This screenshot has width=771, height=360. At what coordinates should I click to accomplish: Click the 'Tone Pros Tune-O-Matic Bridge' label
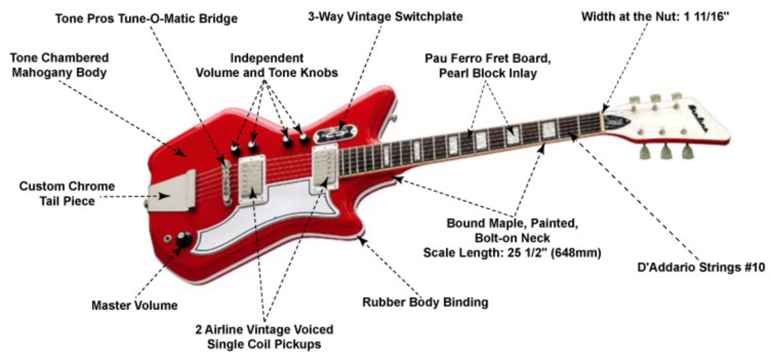146,19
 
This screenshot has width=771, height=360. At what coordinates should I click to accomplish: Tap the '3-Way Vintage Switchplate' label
385,16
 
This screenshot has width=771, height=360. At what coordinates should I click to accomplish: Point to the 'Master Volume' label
134,306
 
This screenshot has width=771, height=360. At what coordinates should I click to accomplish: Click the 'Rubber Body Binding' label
425,302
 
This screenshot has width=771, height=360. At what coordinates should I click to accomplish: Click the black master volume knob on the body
185,239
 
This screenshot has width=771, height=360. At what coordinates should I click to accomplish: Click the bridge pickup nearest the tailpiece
252,180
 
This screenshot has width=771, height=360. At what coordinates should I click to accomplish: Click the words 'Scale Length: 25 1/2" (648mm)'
512,253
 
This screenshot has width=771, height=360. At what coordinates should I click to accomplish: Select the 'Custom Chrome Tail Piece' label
67,193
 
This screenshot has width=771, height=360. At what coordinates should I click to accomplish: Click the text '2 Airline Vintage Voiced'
264,329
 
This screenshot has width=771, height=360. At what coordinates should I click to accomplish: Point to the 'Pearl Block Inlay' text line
488,73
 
